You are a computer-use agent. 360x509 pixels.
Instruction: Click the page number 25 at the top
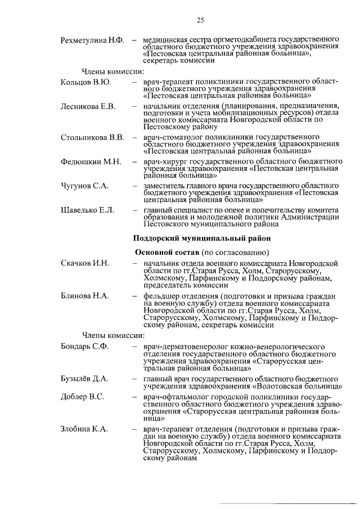[200, 21]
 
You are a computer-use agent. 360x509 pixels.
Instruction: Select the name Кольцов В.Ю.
[85, 82]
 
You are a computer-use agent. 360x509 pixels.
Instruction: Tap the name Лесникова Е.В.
[88, 106]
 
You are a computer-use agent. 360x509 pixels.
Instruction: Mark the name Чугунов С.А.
[84, 186]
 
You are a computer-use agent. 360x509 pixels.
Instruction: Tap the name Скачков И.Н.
[85, 263]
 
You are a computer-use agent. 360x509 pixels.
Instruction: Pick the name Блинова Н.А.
[85, 295]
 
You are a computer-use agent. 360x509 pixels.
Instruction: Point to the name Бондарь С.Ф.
[85, 348]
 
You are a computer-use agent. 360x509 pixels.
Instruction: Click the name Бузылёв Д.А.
[85, 379]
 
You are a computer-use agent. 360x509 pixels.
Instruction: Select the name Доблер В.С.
[82, 397]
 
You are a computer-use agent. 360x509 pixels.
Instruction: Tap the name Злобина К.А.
[84, 429]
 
